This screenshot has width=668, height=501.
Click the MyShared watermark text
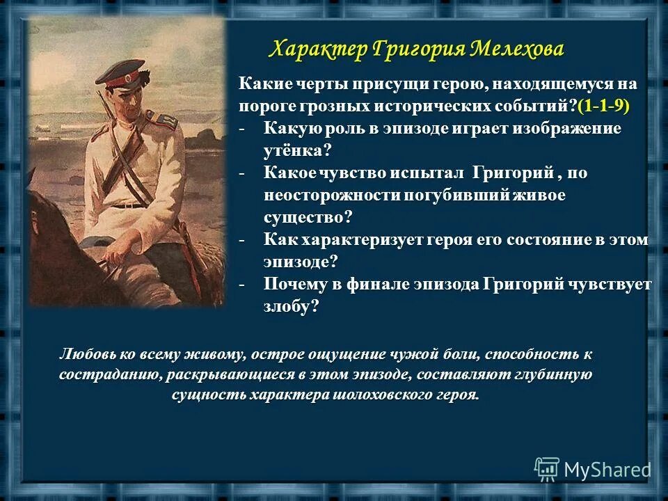coord(607,470)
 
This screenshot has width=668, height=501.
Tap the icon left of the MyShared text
coord(547,470)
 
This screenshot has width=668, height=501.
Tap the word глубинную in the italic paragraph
coord(554,374)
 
